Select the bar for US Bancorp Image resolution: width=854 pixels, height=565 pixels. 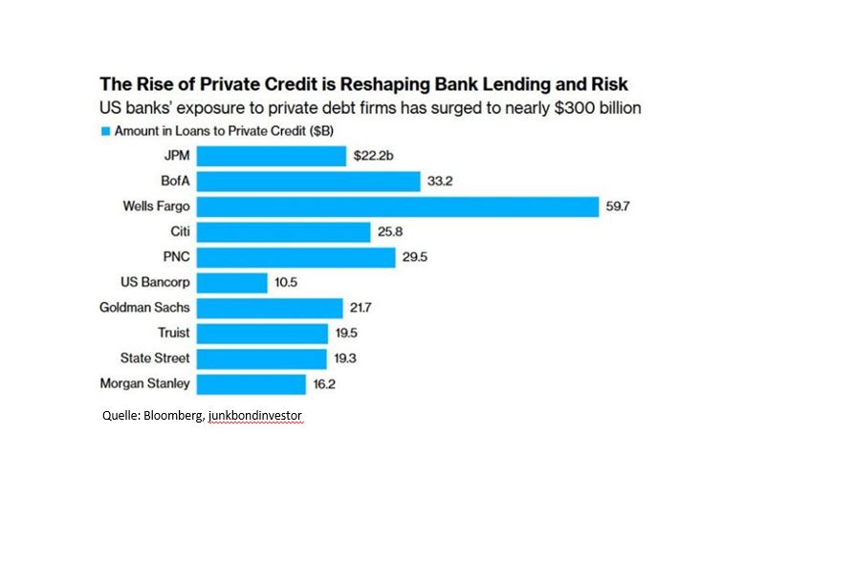click(x=232, y=283)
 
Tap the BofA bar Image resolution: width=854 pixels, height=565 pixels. click(x=309, y=182)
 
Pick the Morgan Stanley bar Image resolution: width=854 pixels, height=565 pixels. click(x=252, y=384)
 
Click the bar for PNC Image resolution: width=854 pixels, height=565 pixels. click(x=296, y=257)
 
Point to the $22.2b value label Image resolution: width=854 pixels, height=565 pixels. click(x=373, y=156)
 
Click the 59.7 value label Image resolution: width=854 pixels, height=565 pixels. click(x=617, y=206)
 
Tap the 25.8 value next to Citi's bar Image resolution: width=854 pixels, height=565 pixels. click(x=389, y=232)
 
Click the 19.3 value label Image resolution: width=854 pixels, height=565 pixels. click(x=345, y=359)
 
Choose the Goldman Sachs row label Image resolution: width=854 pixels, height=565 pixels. click(x=144, y=308)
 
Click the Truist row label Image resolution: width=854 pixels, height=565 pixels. click(x=174, y=334)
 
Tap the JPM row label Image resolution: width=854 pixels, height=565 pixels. click(x=177, y=156)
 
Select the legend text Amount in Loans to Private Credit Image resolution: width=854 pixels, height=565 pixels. click(x=230, y=131)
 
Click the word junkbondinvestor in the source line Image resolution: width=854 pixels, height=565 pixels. click(x=256, y=417)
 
